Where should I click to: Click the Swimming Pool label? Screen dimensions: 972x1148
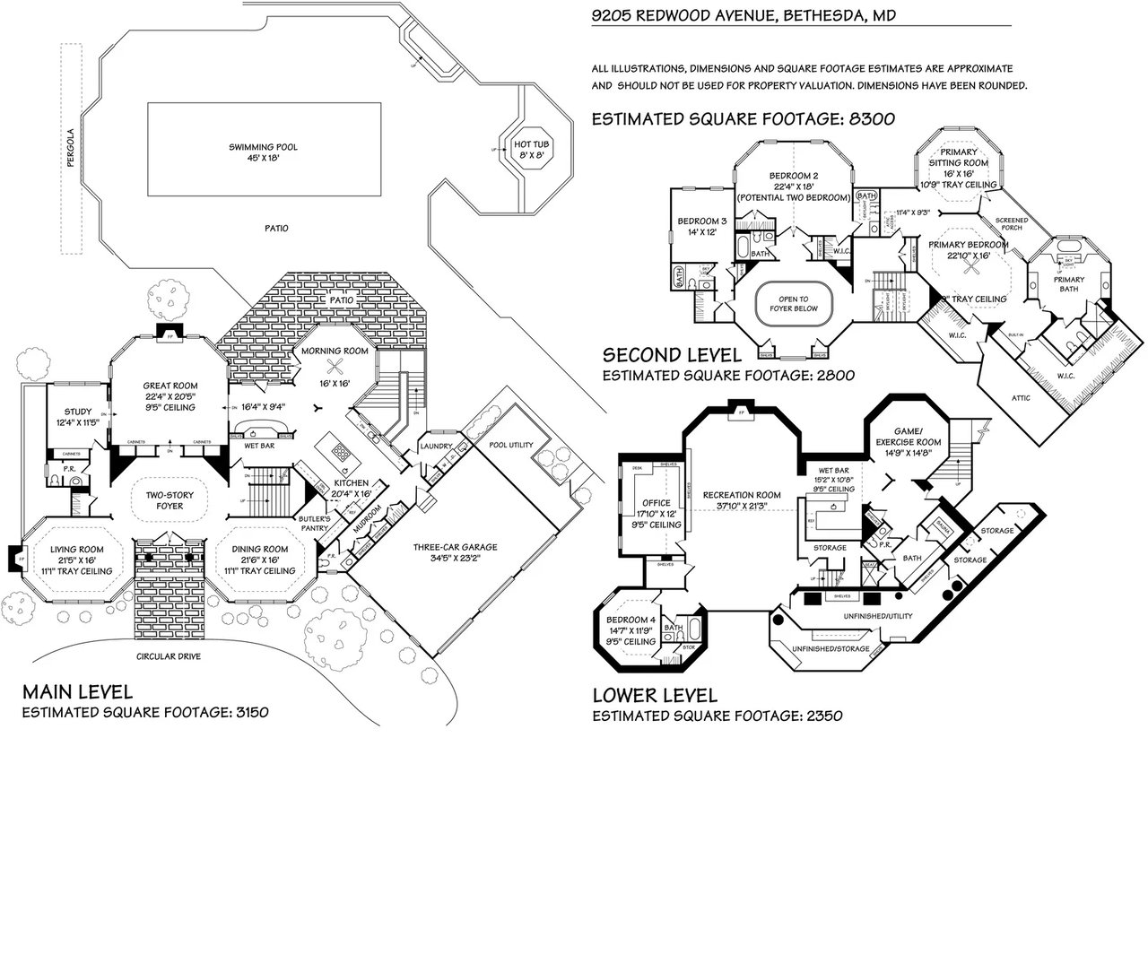pyautogui.click(x=263, y=147)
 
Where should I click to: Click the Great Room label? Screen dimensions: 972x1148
pyautogui.click(x=170, y=386)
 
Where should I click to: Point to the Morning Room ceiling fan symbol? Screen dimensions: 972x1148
pyautogui.click(x=335, y=365)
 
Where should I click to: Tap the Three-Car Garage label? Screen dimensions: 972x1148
pyautogui.click(x=455, y=548)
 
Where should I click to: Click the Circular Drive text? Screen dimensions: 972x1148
pyautogui.click(x=169, y=656)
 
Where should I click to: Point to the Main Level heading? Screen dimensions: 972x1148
pyautogui.click(x=78, y=691)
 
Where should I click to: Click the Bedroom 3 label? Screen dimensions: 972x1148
pyautogui.click(x=701, y=221)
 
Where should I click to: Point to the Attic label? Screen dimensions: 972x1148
pyautogui.click(x=1021, y=397)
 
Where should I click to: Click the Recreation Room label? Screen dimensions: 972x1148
pyautogui.click(x=742, y=495)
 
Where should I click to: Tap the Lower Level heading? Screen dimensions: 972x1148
pyautogui.click(x=655, y=695)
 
